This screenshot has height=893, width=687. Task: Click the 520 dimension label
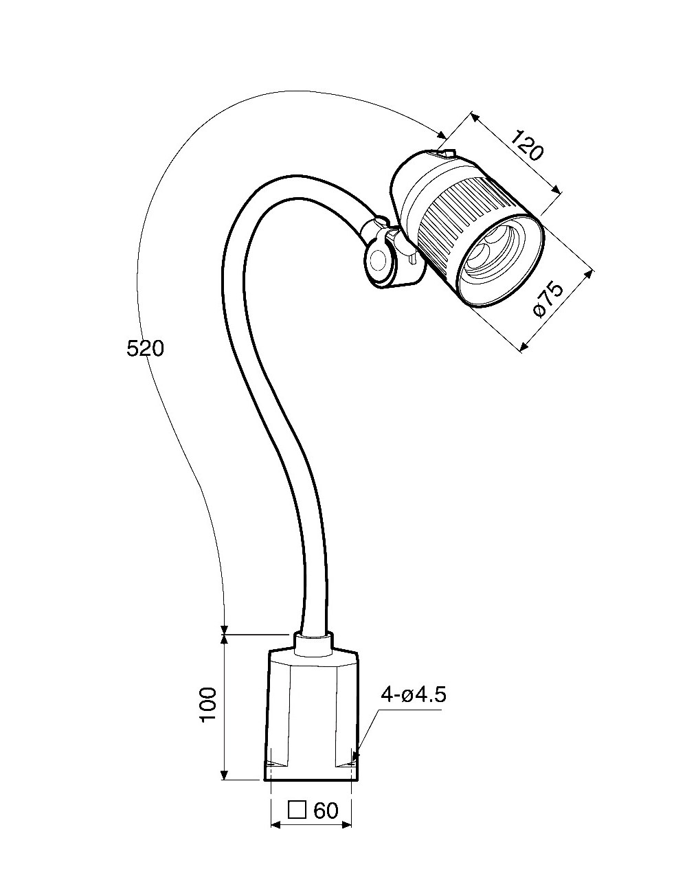(x=146, y=349)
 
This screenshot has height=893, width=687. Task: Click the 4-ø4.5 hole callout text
(x=414, y=694)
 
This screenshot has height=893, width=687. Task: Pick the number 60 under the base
(x=326, y=811)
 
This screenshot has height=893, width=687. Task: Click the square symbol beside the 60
(x=297, y=810)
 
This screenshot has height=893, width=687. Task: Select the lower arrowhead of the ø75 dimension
(x=523, y=347)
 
